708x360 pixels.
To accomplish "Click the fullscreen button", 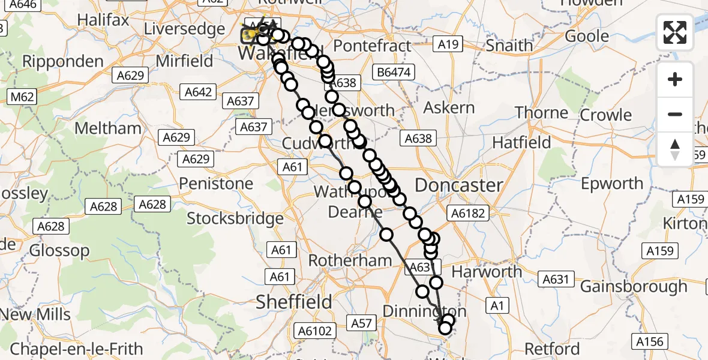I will point(675,32).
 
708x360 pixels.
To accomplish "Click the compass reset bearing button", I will point(675,149).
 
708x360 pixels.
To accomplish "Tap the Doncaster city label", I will point(458,185).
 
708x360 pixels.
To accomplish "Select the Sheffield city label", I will point(294,302).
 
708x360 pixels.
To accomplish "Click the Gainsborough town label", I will point(634,286).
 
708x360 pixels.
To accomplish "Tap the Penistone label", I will point(217,183).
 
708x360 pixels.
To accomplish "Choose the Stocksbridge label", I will point(235,218).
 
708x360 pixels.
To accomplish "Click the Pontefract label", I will point(373,46).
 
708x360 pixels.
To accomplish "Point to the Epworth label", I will point(612,183).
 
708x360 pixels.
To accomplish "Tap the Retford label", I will point(551,349).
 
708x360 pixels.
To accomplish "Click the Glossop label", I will point(59,250).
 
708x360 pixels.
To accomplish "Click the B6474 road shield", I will point(394,73).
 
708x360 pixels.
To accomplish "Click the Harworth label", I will point(487,272).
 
